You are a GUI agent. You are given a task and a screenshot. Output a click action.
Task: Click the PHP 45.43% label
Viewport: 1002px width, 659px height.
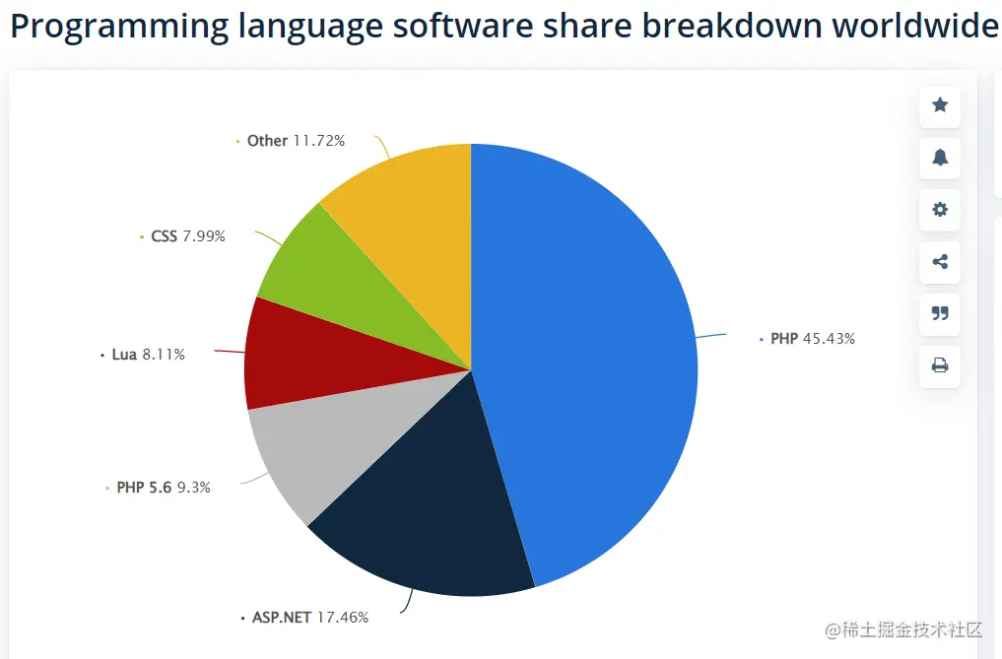click(x=812, y=339)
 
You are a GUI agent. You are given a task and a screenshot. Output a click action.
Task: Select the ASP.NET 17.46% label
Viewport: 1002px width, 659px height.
click(x=309, y=618)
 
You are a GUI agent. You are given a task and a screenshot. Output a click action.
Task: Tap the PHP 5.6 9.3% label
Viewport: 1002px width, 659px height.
click(x=163, y=487)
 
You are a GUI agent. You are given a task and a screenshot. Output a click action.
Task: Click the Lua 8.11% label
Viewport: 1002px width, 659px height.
click(x=148, y=355)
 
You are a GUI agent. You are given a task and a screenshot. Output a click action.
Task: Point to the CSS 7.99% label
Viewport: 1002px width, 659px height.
click(x=187, y=236)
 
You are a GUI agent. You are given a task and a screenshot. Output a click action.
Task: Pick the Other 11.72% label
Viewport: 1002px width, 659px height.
click(x=296, y=141)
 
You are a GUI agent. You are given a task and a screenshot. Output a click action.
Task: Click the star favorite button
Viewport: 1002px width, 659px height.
click(x=940, y=105)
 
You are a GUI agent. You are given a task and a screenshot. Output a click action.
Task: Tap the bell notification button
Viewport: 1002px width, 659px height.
click(x=940, y=158)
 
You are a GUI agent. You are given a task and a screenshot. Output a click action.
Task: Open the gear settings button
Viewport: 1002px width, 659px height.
click(x=940, y=210)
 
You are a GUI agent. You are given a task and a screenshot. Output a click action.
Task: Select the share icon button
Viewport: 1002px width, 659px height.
click(x=940, y=262)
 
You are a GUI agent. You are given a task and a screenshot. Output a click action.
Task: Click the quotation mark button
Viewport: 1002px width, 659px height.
click(x=940, y=314)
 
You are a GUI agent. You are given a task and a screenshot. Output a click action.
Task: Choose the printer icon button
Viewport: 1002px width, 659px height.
click(x=940, y=366)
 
